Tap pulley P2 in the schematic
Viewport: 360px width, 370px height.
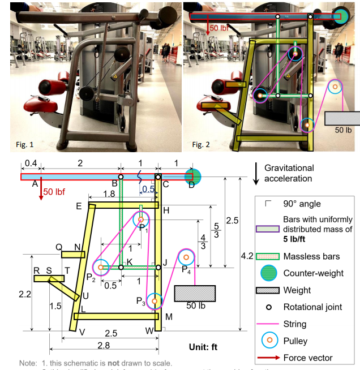(x=101, y=266)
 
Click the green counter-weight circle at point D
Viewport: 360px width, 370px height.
(x=193, y=177)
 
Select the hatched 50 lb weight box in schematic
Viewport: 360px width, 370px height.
(x=195, y=293)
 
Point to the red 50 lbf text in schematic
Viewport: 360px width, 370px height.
(x=55, y=191)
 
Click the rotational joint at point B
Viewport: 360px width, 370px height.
(x=121, y=177)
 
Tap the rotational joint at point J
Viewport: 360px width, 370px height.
(x=158, y=267)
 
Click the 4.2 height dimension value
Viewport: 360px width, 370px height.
(x=247, y=256)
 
